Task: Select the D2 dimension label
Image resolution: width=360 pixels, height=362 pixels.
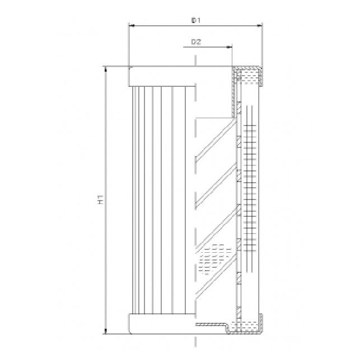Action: (196, 42)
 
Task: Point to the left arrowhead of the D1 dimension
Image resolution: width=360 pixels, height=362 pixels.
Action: (132, 25)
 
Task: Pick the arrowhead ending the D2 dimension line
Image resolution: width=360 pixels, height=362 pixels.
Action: (230, 47)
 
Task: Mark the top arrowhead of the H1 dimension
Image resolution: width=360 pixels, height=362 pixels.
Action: (105, 69)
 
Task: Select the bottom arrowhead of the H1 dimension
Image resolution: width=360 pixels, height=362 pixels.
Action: (105, 331)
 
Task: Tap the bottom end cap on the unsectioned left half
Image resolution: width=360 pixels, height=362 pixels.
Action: (162, 324)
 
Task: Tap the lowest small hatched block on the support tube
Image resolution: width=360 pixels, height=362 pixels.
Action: (239, 310)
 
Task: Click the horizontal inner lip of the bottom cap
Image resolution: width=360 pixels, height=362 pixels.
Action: (210, 324)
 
